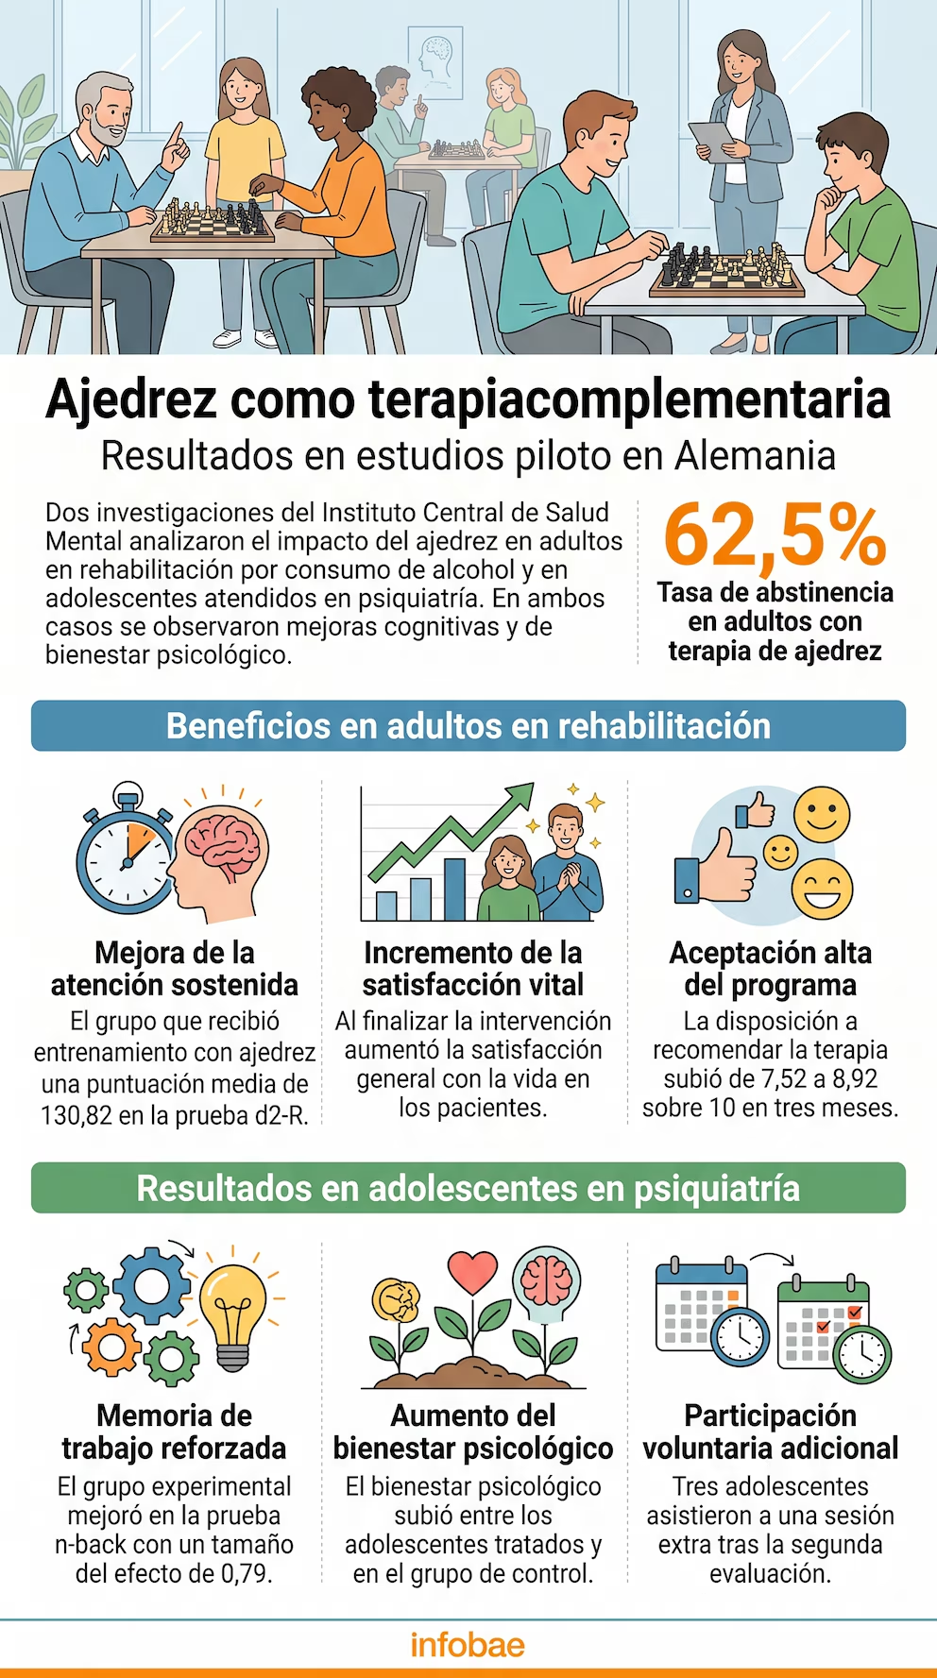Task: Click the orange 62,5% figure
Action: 775,534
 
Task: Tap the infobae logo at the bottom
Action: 468,1645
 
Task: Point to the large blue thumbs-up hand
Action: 715,866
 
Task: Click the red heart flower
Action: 472,1272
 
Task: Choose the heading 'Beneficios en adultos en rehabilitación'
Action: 468,726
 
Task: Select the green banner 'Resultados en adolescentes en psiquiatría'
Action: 468,1188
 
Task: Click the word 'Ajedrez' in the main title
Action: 132,399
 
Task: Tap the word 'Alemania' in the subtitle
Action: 755,456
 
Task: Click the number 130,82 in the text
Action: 77,1115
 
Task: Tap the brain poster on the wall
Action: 435,61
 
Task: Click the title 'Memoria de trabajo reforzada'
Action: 174,1432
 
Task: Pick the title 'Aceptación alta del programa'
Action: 770,969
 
